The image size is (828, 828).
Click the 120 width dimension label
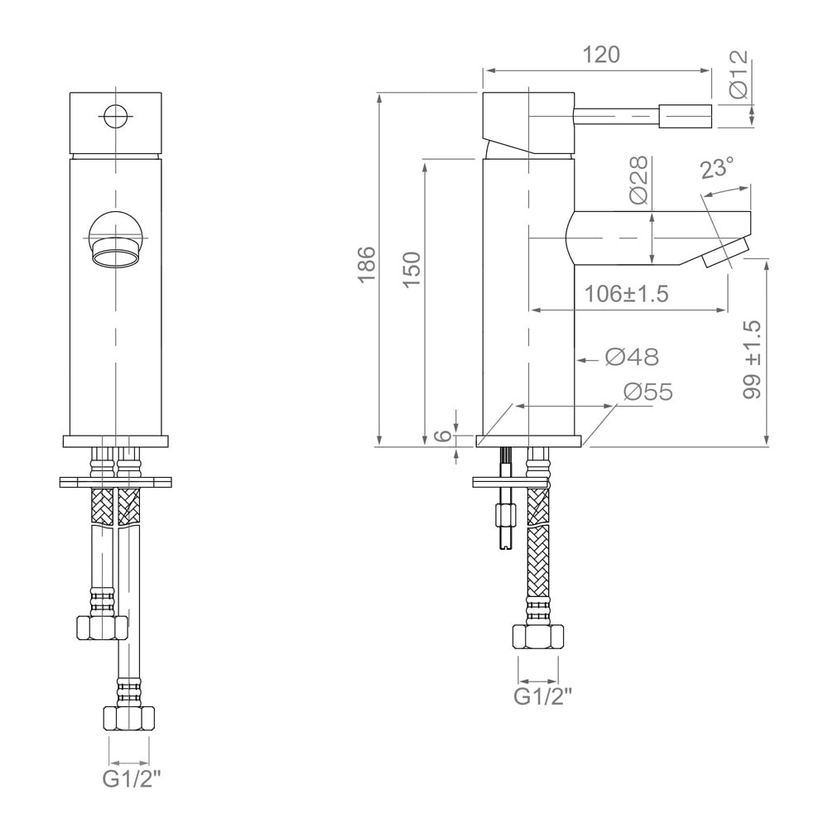click(x=601, y=55)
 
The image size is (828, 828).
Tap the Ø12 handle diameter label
click(x=739, y=74)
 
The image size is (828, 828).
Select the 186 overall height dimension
click(x=367, y=265)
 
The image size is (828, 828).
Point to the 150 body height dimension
click(x=412, y=269)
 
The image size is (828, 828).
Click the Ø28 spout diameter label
click(x=638, y=180)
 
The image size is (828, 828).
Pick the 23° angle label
click(x=717, y=168)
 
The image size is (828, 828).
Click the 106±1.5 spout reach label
click(x=627, y=294)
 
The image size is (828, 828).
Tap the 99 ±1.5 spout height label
click(x=753, y=359)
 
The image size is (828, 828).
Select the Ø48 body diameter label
click(x=632, y=358)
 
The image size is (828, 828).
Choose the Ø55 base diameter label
click(x=648, y=392)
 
